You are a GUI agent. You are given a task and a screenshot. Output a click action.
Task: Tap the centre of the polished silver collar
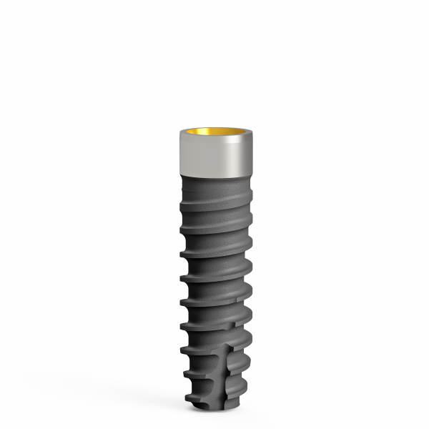pos(214,156)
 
